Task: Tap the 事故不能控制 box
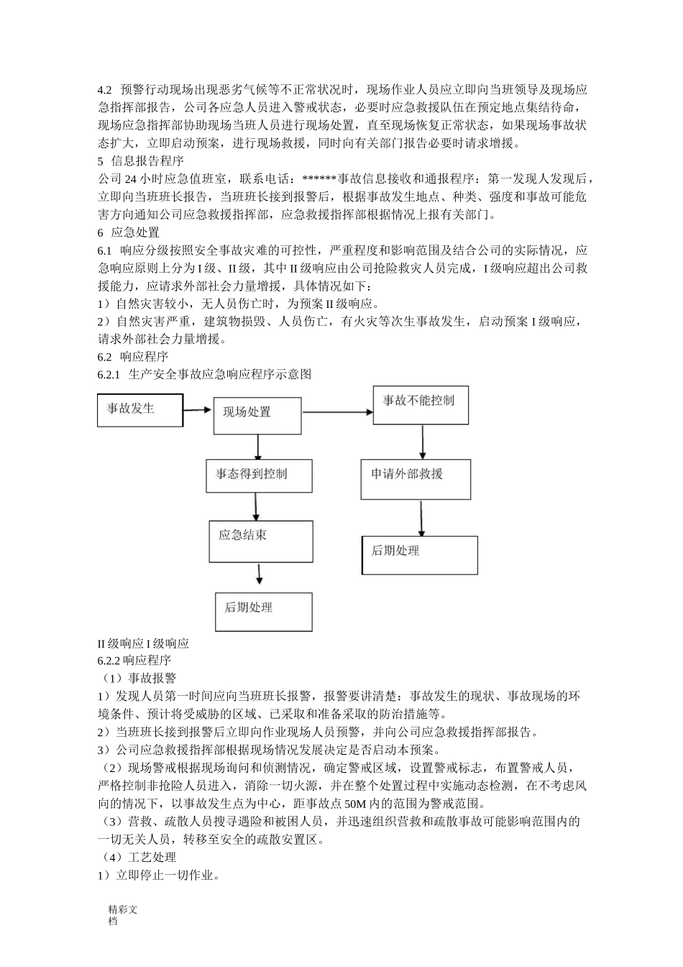click(420, 404)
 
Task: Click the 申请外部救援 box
click(416, 478)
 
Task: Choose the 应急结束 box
click(261, 541)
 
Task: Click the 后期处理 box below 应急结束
click(263, 611)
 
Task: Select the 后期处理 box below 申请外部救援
click(419, 555)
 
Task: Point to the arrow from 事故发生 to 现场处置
click(198, 410)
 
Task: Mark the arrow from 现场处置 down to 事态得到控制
click(257, 447)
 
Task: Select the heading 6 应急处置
click(129, 232)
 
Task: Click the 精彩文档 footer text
click(122, 914)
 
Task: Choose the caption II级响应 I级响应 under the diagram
click(143, 643)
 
